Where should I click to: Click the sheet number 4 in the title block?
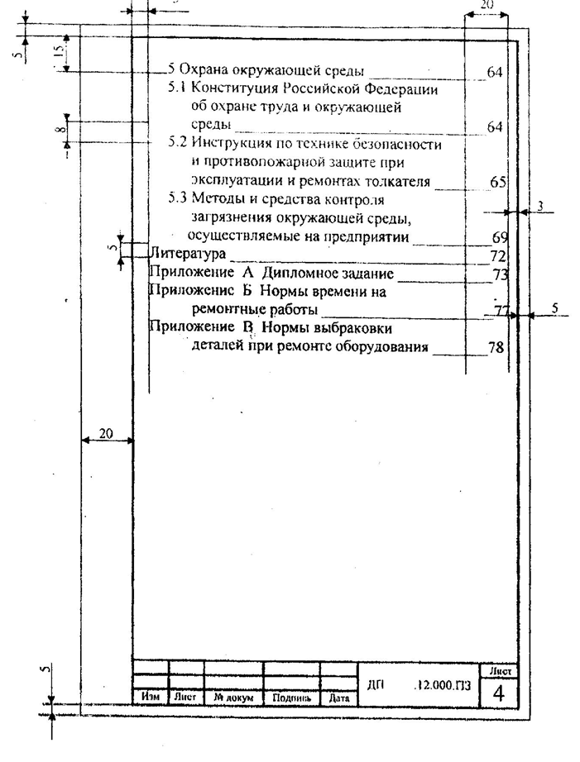click(498, 693)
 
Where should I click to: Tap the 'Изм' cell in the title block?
click(151, 697)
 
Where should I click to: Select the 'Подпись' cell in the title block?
click(291, 698)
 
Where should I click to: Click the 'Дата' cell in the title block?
click(338, 698)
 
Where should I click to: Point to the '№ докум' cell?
click(233, 697)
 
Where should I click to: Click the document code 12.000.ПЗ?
click(443, 685)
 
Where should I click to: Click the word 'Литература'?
click(187, 254)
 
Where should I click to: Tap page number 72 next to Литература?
click(498, 255)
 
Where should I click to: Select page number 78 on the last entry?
click(496, 347)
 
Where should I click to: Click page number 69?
click(500, 237)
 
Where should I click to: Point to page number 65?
click(498, 182)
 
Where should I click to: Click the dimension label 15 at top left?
click(57, 52)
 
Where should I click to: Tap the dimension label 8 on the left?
click(58, 131)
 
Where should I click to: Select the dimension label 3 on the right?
click(540, 206)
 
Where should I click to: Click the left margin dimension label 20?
click(106, 432)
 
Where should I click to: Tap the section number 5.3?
click(178, 198)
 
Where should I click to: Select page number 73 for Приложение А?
click(500, 274)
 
